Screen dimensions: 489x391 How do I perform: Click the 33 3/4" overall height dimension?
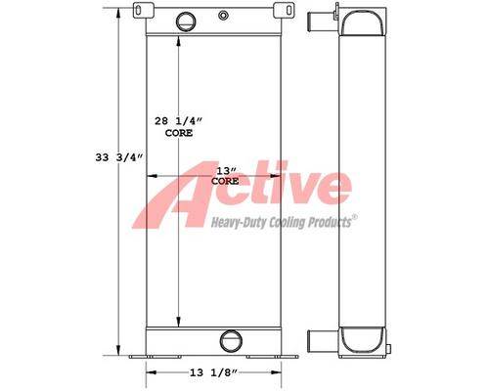tap(119, 157)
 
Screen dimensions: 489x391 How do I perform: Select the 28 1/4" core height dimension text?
tap(178, 121)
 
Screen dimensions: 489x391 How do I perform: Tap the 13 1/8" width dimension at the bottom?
tap(213, 372)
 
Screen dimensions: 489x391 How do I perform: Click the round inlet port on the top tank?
tap(186, 22)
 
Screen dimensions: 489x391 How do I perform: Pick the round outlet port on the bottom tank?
tap(231, 341)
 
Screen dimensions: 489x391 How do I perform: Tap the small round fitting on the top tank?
tap(223, 16)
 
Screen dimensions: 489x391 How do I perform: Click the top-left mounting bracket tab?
tap(139, 10)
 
